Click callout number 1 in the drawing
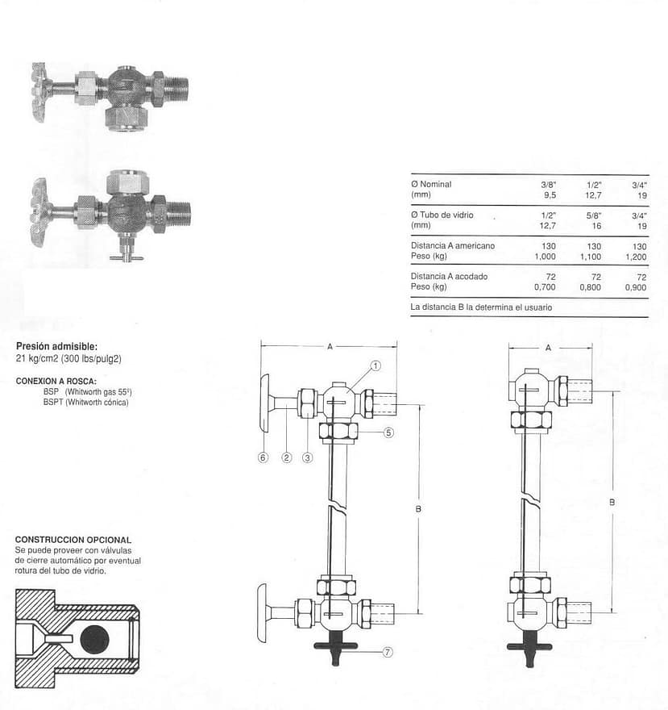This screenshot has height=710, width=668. pos(375,365)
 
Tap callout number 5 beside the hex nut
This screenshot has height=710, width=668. pos(388,433)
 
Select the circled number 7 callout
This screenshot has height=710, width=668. pos(388,652)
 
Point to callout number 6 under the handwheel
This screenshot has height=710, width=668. pos(263,457)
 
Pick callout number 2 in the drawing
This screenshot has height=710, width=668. pos(287,457)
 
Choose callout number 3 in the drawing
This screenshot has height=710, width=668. pos(308,457)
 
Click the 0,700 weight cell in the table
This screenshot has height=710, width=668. pos(545,287)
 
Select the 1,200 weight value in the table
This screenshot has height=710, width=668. pos(636,257)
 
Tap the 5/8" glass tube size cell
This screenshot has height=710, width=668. pos(593,215)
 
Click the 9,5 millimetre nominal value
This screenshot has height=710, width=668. pos(550,195)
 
